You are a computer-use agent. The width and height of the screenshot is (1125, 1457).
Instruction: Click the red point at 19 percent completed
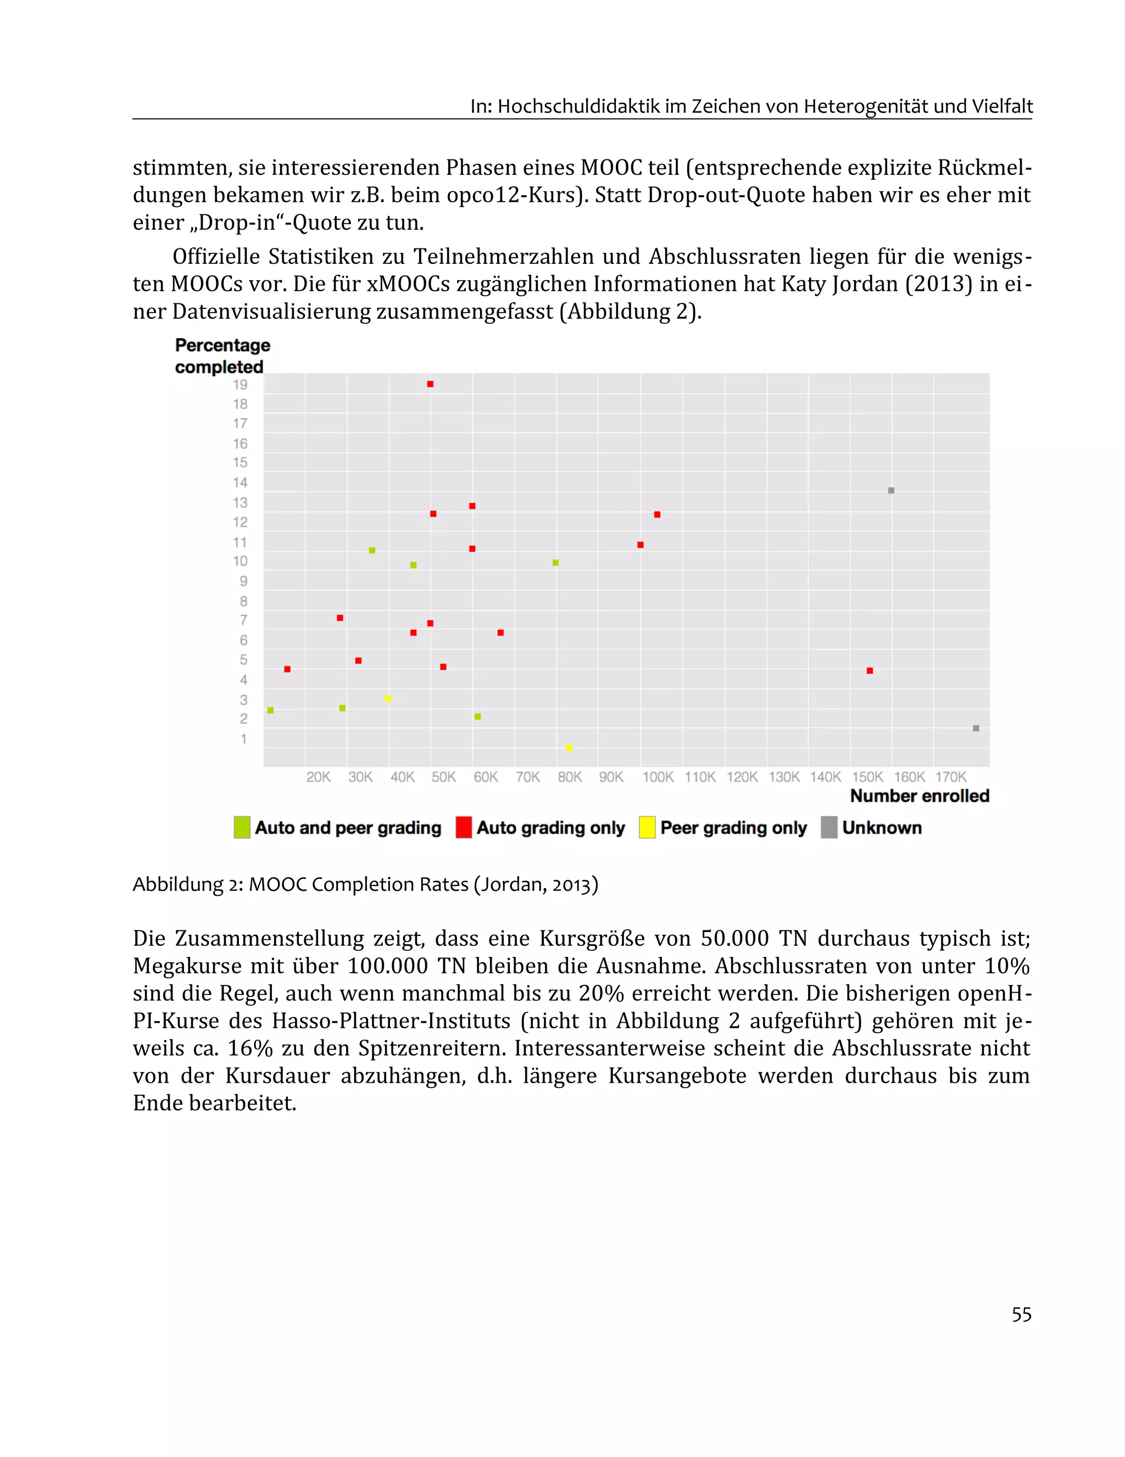point(430,384)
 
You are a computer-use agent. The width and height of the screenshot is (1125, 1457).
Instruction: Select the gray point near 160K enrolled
point(891,490)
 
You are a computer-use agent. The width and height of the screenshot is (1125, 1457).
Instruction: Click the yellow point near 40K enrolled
point(388,699)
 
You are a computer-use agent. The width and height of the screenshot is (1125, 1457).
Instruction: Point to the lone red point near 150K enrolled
point(870,671)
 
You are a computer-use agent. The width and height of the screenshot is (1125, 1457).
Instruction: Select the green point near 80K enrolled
point(555,563)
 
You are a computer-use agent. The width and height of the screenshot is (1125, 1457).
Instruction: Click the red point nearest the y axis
point(287,669)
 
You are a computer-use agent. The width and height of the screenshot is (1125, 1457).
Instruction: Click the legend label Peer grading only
point(733,828)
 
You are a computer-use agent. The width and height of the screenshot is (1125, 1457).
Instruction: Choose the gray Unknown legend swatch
point(829,827)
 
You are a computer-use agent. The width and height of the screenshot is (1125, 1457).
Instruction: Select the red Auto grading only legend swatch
point(464,827)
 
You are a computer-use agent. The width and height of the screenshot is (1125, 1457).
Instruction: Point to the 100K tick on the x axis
point(658,777)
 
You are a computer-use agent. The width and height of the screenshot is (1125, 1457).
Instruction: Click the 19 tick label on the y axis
point(240,385)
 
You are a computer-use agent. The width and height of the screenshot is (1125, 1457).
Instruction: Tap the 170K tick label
point(951,777)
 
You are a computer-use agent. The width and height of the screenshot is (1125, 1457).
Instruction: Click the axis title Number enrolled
point(919,796)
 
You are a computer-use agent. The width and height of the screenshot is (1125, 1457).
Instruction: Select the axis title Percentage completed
point(222,356)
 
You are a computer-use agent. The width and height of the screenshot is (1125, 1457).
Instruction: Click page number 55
point(1021,1314)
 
